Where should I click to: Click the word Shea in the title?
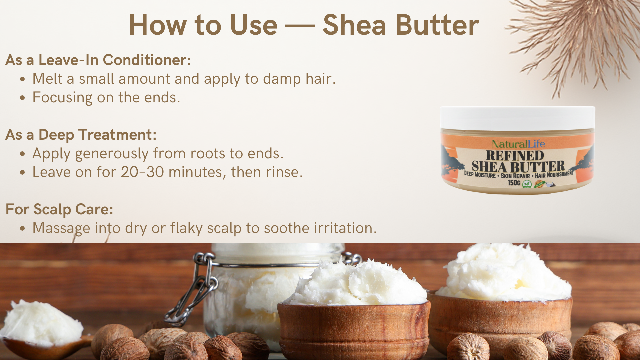[354, 25]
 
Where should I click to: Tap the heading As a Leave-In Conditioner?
[98, 60]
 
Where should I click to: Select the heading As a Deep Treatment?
[81, 135]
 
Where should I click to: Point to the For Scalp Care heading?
[59, 209]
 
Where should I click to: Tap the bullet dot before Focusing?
[22, 98]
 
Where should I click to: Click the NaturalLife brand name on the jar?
[518, 144]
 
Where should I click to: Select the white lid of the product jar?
[517, 118]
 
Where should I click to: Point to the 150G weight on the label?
[514, 183]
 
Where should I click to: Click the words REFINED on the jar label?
[515, 155]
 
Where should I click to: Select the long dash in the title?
[300, 26]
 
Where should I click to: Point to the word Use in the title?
[254, 25]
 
